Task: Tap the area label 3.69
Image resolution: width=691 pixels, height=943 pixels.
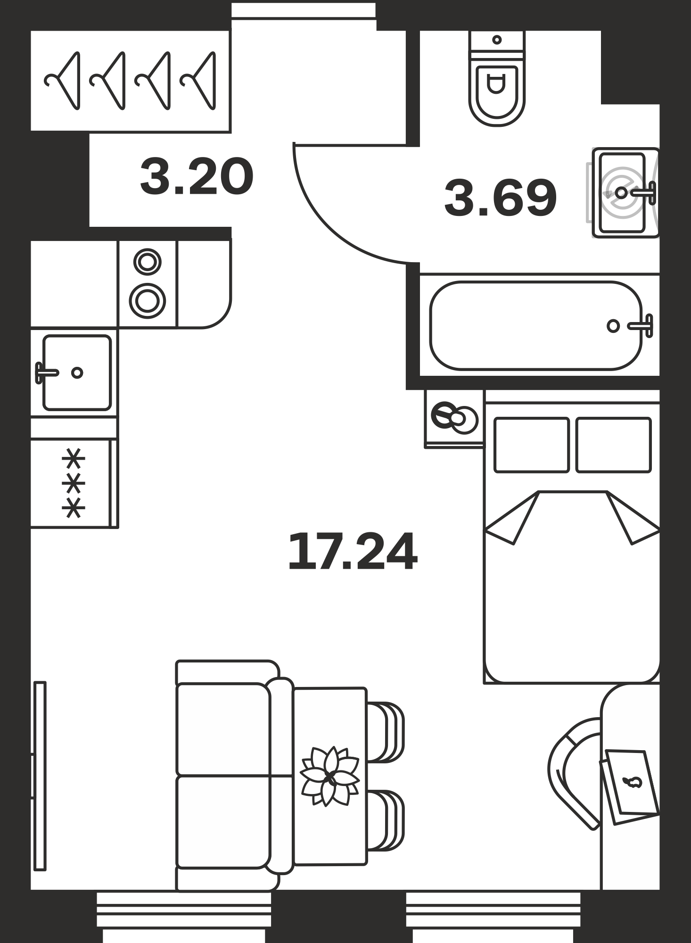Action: pos(501,198)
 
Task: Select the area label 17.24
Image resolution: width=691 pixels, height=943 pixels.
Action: pos(353,551)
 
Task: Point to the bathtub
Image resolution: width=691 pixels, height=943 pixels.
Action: pos(536,325)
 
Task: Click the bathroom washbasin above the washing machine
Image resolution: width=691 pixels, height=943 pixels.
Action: pos(625,192)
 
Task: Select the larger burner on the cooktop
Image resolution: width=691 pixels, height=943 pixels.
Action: pos(148,300)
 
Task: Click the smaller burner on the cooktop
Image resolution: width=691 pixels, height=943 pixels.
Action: pos(148,262)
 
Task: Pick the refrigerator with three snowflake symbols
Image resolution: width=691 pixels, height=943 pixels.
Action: pos(74,483)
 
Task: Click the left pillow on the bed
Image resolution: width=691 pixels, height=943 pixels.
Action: pos(532,445)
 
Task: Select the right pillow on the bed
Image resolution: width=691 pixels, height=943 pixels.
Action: pos(613,445)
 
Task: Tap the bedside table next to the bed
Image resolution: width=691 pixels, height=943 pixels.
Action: pos(454,418)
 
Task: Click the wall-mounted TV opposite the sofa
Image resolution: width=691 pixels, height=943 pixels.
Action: pos(40,776)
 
